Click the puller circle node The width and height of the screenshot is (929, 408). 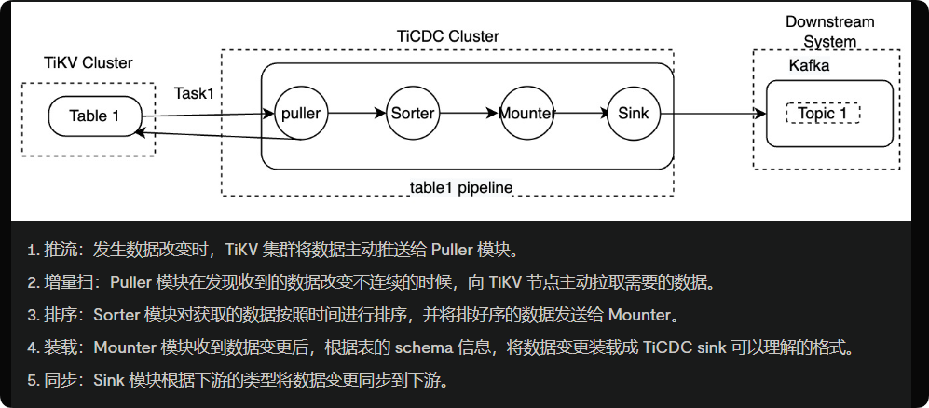(301, 114)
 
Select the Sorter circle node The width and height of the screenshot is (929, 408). (412, 114)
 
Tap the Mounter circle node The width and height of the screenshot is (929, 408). (526, 114)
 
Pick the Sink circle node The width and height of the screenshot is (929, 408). (634, 114)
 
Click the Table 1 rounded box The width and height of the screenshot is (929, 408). (95, 116)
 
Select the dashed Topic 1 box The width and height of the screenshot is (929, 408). (823, 114)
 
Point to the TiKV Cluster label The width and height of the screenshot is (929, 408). (89, 63)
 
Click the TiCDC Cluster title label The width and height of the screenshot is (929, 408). (448, 36)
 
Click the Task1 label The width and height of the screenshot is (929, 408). (194, 93)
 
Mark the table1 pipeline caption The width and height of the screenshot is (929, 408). (461, 187)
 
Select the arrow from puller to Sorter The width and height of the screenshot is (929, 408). (356, 114)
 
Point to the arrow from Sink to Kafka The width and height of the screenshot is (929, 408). (713, 114)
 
